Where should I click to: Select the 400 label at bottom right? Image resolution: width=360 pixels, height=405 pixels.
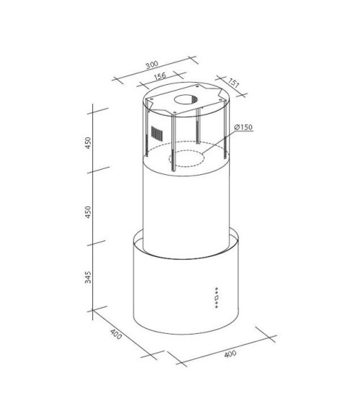pos(229,355)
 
